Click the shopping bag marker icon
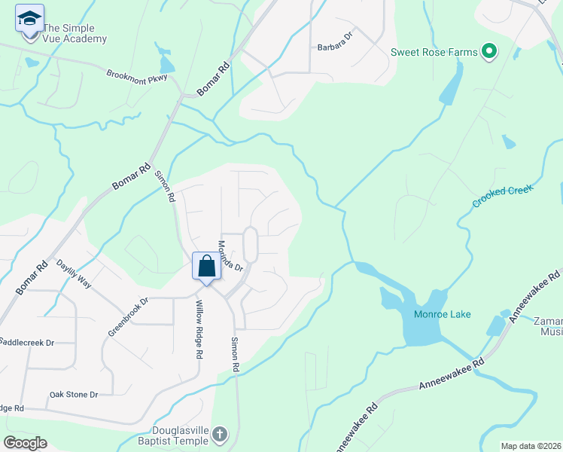pyautogui.click(x=206, y=267)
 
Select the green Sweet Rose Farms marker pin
pyautogui.click(x=489, y=51)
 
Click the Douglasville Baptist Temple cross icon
pyautogui.click(x=219, y=434)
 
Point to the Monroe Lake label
pyautogui.click(x=443, y=314)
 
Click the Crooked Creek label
pyautogui.click(x=503, y=196)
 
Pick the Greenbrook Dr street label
pyautogui.click(x=129, y=319)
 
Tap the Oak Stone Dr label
pyautogui.click(x=74, y=394)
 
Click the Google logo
pyautogui.click(x=25, y=443)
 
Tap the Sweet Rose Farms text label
pyautogui.click(x=434, y=52)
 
